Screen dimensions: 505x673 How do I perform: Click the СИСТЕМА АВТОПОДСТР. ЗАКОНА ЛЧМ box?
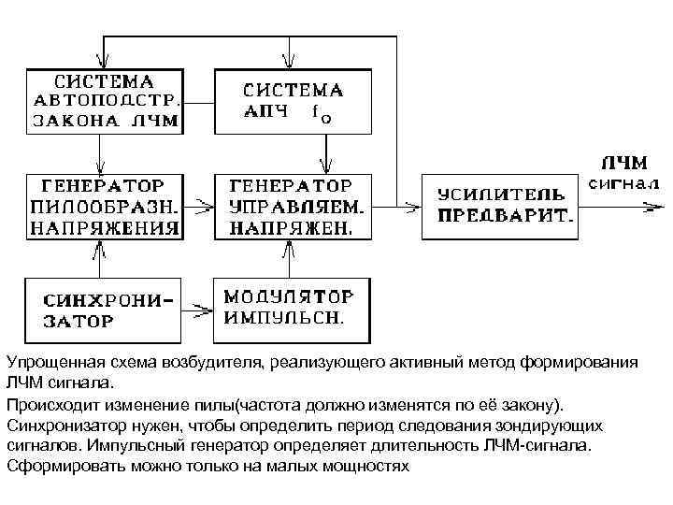(104, 100)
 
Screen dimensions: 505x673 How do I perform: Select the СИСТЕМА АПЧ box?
(295, 100)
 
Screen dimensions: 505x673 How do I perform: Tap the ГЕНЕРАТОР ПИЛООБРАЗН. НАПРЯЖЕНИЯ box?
(104, 205)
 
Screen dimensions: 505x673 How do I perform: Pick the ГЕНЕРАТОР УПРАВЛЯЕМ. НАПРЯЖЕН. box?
(295, 205)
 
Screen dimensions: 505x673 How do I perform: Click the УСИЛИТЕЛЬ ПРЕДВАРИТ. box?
(499, 205)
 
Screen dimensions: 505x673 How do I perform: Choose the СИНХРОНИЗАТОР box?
(104, 309)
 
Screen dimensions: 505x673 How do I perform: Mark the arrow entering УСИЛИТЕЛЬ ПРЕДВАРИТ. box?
(411, 205)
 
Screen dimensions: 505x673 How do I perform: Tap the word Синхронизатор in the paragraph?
(60, 426)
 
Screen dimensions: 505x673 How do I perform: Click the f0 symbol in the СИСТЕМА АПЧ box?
(320, 115)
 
